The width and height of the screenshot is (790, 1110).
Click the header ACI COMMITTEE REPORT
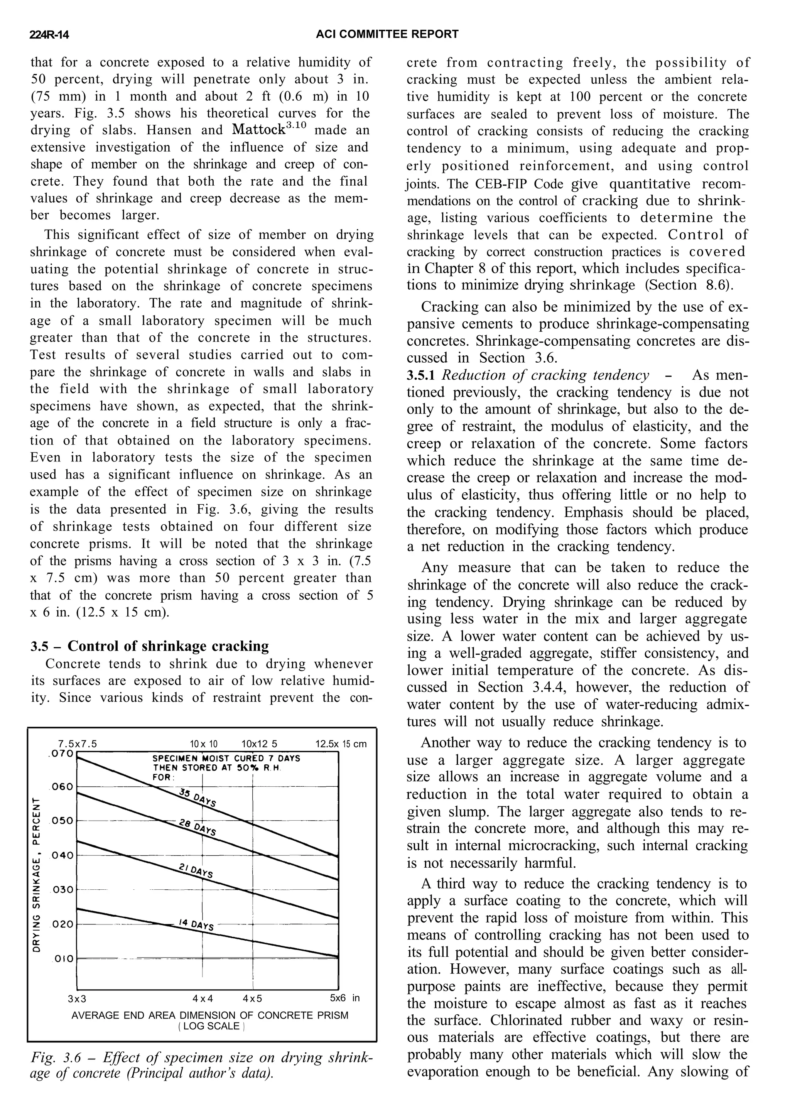(x=387, y=34)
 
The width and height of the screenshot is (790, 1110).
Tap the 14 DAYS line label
(x=196, y=924)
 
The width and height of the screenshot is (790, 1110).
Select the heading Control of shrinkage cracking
(x=168, y=646)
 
